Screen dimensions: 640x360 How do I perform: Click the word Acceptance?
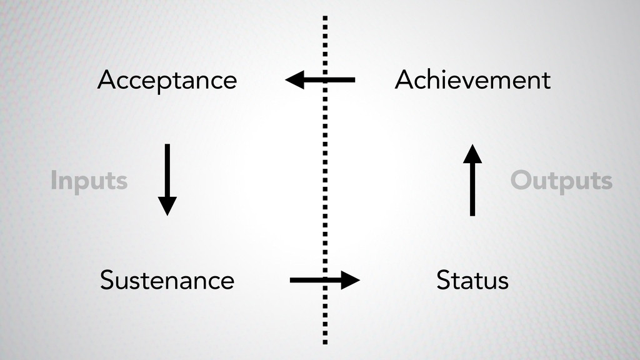click(x=167, y=81)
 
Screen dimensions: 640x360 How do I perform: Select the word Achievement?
click(x=472, y=80)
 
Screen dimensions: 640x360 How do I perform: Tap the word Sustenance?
click(x=167, y=281)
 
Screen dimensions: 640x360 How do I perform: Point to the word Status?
click(x=472, y=280)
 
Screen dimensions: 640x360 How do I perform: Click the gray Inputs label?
click(x=89, y=182)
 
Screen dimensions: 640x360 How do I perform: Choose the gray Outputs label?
click(x=561, y=181)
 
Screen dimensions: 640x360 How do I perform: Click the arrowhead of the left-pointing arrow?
click(x=294, y=80)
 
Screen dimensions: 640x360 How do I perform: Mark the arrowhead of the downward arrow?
click(x=167, y=206)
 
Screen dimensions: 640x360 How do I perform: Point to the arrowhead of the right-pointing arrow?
click(x=351, y=280)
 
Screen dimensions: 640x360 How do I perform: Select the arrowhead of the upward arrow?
click(x=472, y=154)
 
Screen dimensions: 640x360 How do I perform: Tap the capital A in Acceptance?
click(x=107, y=80)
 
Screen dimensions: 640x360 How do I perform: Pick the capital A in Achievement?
click(x=404, y=80)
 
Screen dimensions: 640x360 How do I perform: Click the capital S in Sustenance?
click(x=107, y=281)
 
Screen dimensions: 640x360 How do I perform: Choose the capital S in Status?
click(x=443, y=280)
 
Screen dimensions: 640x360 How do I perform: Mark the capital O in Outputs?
click(x=521, y=181)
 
